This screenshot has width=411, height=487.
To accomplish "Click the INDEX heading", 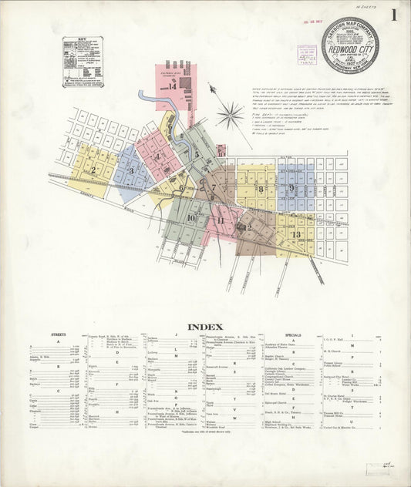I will pyautogui.click(x=204, y=326).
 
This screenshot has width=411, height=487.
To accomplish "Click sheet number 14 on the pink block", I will pyautogui.click(x=173, y=86).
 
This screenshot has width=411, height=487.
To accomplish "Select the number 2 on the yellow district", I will pyautogui.click(x=93, y=170).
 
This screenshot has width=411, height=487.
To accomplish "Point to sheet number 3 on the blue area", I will pyautogui.click(x=131, y=171).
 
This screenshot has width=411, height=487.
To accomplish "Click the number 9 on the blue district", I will pyautogui.click(x=292, y=187).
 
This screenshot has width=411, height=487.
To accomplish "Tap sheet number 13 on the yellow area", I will pyautogui.click(x=295, y=233).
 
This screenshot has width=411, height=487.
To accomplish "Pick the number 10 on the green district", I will pyautogui.click(x=190, y=218).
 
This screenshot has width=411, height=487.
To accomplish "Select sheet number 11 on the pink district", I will pyautogui.click(x=221, y=220).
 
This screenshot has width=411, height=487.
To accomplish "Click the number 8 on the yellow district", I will pyautogui.click(x=261, y=189).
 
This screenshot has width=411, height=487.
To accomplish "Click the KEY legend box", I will pyautogui.click(x=82, y=61).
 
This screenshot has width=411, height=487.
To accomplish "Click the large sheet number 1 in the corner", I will pyautogui.click(x=394, y=15).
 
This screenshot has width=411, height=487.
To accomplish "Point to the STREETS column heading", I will pyautogui.click(x=58, y=335).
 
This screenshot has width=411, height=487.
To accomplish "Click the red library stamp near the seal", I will pyautogui.click(x=306, y=55).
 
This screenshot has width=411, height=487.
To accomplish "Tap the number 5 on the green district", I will pyautogui.click(x=197, y=154).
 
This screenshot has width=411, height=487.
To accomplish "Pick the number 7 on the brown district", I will pyautogui.click(x=213, y=186).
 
